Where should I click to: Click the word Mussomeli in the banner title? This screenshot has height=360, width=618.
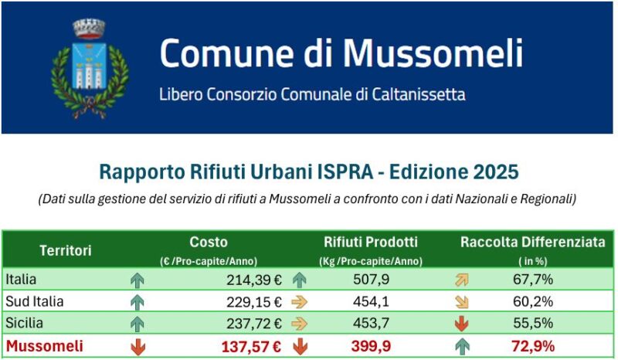click(x=433, y=53)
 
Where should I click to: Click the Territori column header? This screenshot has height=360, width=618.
click(x=66, y=250)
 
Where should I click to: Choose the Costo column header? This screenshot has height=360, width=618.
click(x=209, y=243)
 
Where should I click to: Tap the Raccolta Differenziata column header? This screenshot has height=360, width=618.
click(x=533, y=243)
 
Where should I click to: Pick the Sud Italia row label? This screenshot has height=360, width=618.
click(x=34, y=301)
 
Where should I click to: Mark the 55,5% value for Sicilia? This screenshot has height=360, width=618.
click(x=532, y=324)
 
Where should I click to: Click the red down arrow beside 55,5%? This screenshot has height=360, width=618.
click(x=463, y=324)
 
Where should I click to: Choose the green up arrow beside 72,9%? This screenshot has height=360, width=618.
click(x=463, y=346)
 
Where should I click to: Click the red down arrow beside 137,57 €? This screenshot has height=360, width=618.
click(x=138, y=346)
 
